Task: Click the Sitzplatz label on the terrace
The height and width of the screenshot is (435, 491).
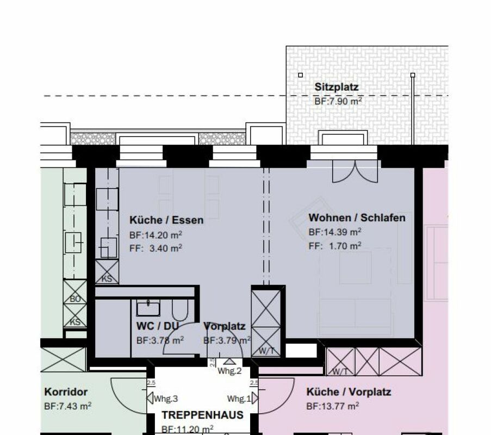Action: click(337, 87)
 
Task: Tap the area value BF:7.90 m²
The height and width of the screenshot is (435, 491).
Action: click(338, 101)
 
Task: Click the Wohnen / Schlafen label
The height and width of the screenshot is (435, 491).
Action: click(357, 218)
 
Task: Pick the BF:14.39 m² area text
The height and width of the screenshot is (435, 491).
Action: click(335, 232)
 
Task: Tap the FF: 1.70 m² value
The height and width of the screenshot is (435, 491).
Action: click(335, 246)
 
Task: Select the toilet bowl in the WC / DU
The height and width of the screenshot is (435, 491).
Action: click(179, 310)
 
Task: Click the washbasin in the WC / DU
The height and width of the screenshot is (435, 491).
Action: click(148, 308)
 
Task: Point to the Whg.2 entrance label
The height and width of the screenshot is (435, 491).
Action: click(229, 371)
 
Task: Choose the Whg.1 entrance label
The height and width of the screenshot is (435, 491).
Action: click(239, 398)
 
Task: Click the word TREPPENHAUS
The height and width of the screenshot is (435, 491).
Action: click(202, 415)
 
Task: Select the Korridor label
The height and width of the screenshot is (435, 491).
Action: click(66, 392)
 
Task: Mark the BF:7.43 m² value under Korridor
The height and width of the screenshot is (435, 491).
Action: click(67, 406)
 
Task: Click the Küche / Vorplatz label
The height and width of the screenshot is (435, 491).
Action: click(349, 392)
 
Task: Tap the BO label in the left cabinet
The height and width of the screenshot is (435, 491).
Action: click(74, 299)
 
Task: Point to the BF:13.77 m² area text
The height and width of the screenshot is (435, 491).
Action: click(332, 406)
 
